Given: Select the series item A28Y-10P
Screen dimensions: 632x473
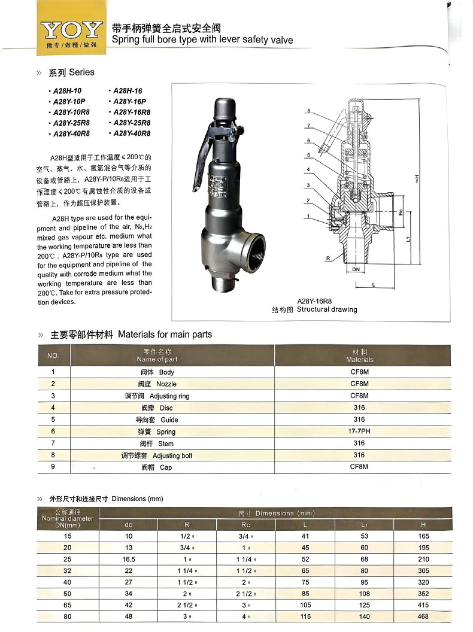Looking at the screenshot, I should pos(69,102).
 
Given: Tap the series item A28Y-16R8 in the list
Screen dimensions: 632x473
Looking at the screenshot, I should pos(132,113).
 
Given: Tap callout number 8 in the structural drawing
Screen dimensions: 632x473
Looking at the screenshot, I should pos(308,111).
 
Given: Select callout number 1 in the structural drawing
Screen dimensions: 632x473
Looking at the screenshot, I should pos(308,216).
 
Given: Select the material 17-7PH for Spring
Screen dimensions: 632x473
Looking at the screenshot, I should pos(359,432).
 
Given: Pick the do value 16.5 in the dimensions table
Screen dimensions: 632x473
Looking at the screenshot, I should pos(128,559).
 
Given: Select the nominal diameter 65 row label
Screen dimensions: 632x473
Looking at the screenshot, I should pos(67,605).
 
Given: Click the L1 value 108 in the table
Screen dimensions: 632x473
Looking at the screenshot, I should pos(364,594).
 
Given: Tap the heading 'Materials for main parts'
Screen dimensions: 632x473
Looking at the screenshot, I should pos(165,334).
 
